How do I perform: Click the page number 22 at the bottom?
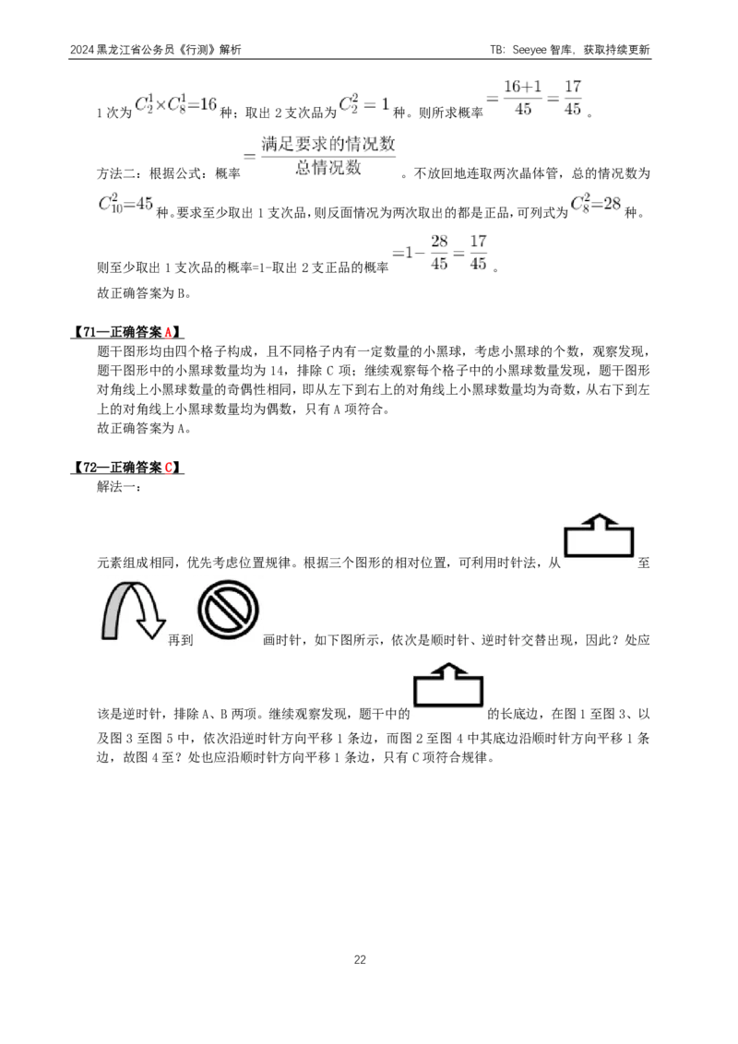click(x=360, y=959)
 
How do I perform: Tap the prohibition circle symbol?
click(x=228, y=610)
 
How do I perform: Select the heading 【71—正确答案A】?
click(x=126, y=332)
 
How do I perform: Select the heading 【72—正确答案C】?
click(x=126, y=468)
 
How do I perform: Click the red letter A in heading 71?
click(x=169, y=332)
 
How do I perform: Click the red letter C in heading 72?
click(x=169, y=468)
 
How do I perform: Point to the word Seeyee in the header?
click(x=530, y=50)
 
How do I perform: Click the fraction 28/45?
click(x=439, y=253)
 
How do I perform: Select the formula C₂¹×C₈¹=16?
click(x=176, y=104)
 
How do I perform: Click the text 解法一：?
click(x=119, y=487)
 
